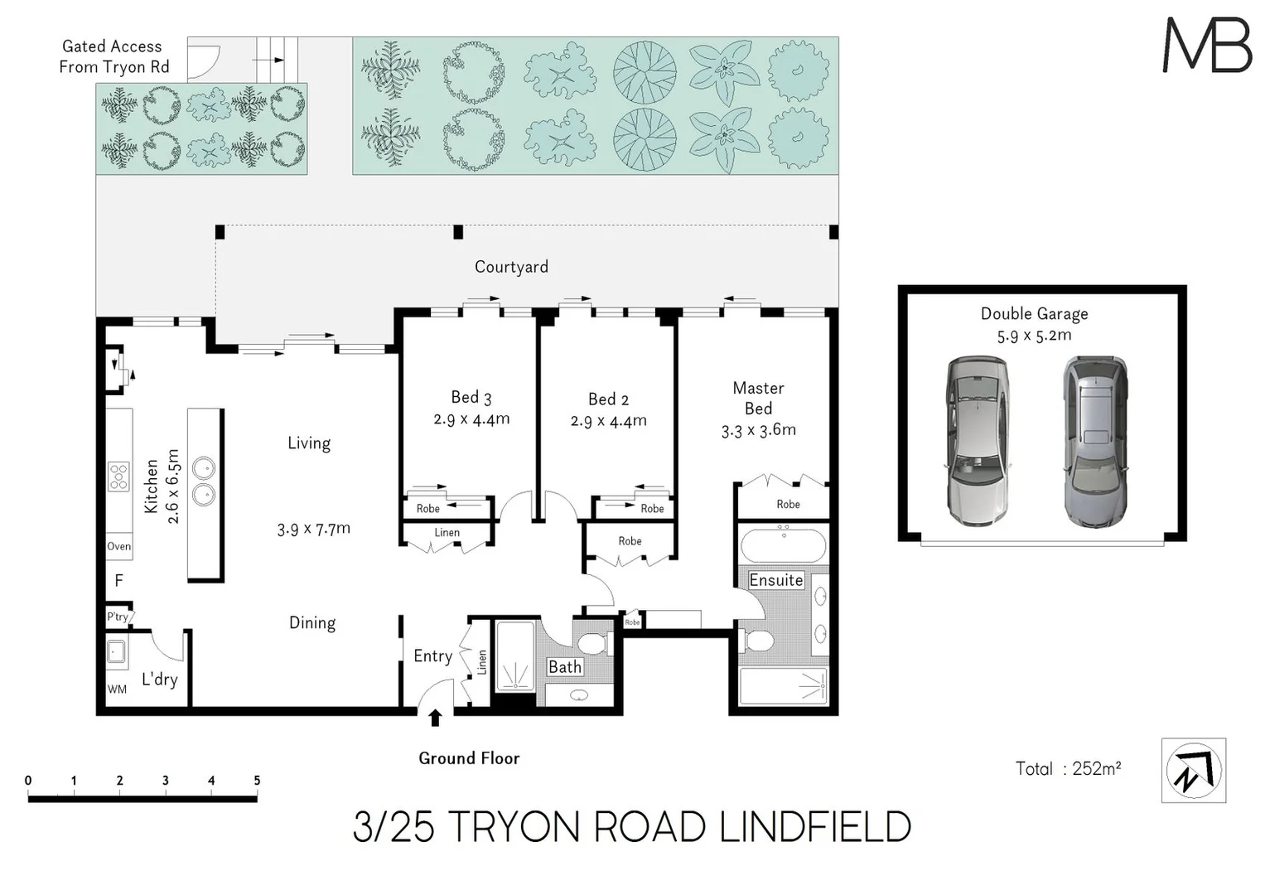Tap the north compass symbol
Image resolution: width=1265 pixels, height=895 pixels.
tap(1193, 771)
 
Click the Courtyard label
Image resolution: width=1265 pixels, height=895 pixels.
tap(511, 267)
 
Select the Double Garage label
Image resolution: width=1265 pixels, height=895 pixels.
tap(1034, 314)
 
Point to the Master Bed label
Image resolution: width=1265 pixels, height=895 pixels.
tap(758, 398)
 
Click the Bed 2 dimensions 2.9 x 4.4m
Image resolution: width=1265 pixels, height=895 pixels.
tap(608, 421)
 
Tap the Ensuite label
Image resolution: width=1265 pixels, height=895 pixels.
tap(776, 580)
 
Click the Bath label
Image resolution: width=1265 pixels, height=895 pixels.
tap(565, 667)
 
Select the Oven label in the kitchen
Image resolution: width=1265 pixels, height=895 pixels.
tap(118, 546)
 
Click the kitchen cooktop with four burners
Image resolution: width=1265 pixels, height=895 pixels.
tap(118, 477)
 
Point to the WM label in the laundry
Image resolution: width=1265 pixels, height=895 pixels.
tap(117, 689)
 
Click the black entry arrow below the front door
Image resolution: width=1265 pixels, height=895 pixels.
tap(435, 718)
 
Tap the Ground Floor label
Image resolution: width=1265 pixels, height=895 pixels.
tap(469, 758)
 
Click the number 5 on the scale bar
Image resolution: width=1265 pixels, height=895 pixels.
tap(257, 781)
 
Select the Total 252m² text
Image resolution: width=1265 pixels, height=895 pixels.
tap(1068, 769)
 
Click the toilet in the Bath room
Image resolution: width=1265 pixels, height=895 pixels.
tap(592, 644)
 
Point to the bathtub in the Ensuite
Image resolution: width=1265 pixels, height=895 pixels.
tap(783, 547)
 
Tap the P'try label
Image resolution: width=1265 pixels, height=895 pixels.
tap(118, 617)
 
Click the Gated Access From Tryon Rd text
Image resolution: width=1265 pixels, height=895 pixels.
tap(113, 57)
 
